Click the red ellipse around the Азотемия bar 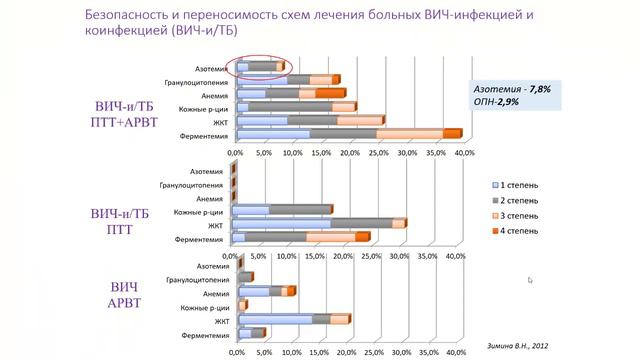(x=259, y=66)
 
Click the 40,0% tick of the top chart (x=465, y=153)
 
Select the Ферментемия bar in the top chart (x=345, y=133)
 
